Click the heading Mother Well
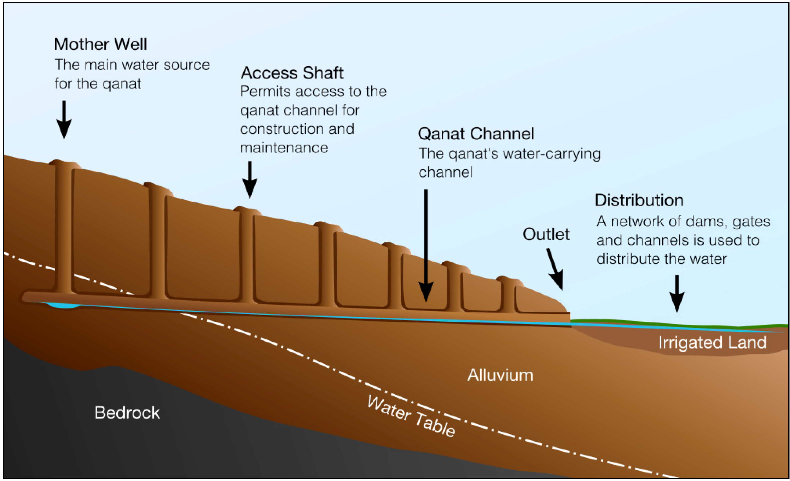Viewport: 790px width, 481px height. [100, 44]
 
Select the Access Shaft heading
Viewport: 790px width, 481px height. [292, 73]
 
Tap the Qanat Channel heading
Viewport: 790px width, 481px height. [476, 134]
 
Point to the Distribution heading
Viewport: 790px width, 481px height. [639, 200]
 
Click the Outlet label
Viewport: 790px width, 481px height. [546, 234]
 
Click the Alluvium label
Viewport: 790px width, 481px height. [500, 375]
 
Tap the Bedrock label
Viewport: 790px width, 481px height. [127, 413]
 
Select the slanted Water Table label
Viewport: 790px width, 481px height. [411, 416]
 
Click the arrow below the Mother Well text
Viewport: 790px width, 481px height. [64, 120]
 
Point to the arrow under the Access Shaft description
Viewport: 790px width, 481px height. [249, 179]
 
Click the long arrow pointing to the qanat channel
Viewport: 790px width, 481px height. [426, 245]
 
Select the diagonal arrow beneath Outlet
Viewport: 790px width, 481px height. [555, 269]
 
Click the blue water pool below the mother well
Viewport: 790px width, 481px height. [64, 305]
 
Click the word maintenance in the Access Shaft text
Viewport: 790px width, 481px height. [284, 148]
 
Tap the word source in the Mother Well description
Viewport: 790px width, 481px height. [187, 65]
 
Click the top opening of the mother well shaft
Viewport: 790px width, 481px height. [65, 163]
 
